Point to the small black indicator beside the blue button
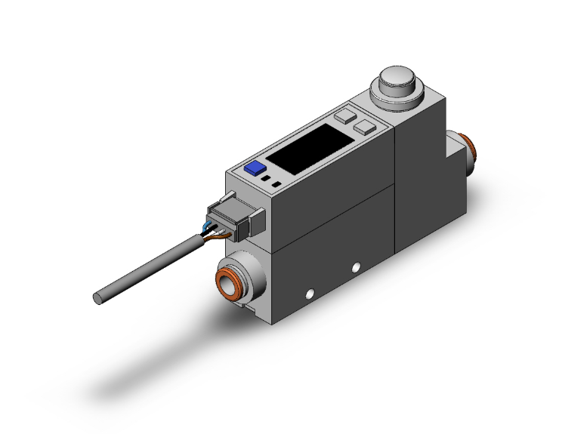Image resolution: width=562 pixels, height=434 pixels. pos(265,178)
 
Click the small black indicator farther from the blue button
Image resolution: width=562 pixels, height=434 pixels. pos(277,183)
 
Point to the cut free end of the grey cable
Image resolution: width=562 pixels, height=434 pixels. pos(97,298)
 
